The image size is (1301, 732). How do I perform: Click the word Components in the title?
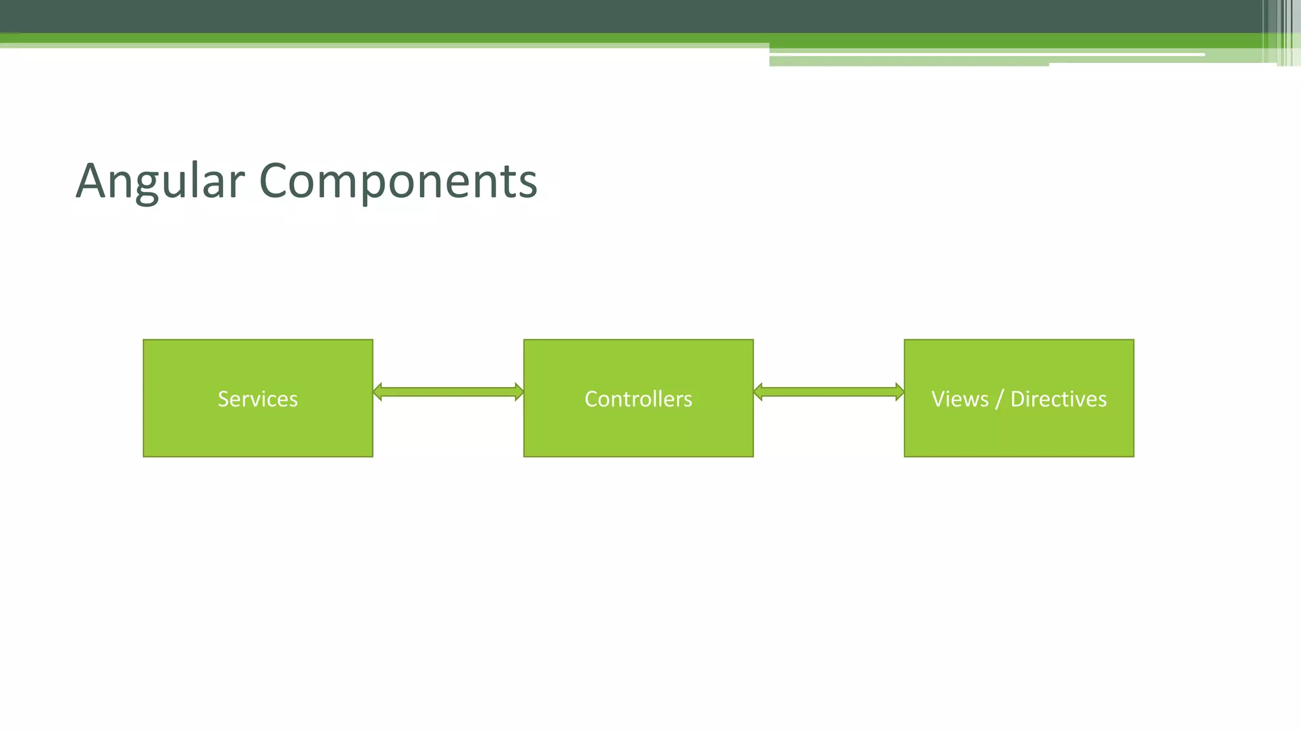[398, 182]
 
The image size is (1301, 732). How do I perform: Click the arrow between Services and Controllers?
[448, 391]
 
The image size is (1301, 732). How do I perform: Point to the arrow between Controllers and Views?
[829, 391]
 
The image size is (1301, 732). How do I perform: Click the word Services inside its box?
[258, 399]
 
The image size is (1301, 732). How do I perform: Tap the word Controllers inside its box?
[638, 399]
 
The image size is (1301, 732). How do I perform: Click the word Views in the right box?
[960, 399]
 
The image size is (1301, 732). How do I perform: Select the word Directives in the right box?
[1058, 399]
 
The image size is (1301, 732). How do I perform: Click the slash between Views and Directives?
[999, 399]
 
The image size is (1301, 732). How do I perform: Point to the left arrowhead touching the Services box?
[377, 391]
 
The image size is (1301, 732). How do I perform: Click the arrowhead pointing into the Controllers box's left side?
[519, 391]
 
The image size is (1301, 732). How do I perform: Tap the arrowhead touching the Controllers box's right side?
[758, 391]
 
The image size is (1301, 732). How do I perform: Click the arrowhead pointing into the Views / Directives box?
[900, 391]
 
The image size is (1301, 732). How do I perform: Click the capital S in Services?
[224, 399]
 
